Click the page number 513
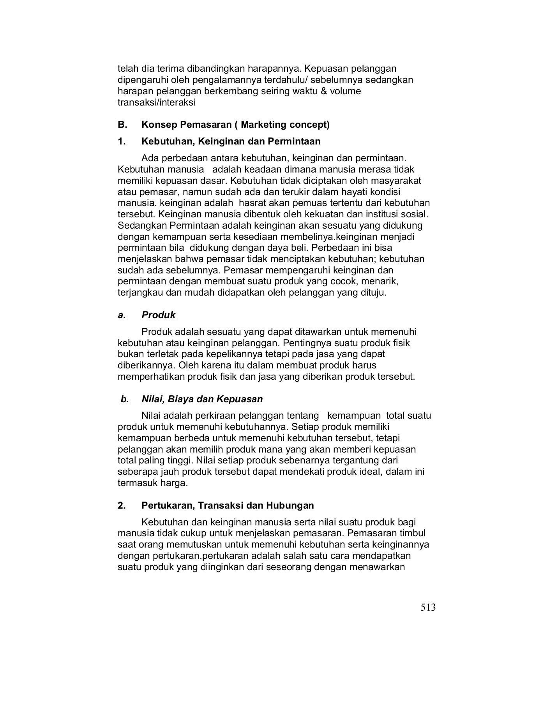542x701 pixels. pyautogui.click(x=428, y=607)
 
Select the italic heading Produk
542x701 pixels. pyautogui.click(x=158, y=315)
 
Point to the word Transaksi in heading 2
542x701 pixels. pyautogui.click(x=221, y=505)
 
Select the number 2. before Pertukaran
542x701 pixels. pyautogui.click(x=122, y=505)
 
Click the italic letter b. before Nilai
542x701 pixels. pyautogui.click(x=124, y=399)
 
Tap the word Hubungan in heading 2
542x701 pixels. pyautogui.click(x=290, y=505)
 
